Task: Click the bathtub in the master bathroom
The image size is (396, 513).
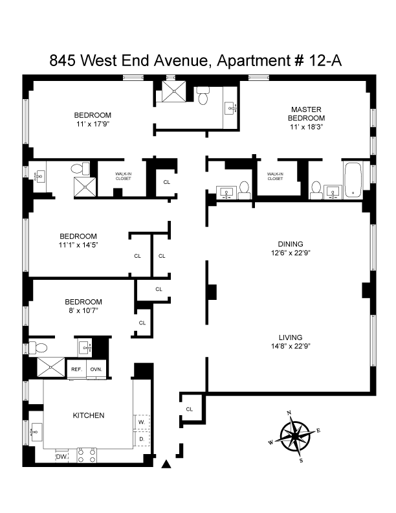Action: click(x=353, y=180)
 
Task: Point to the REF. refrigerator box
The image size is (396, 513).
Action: click(x=76, y=369)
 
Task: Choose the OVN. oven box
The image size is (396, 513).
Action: click(x=96, y=369)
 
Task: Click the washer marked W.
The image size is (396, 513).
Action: click(x=140, y=422)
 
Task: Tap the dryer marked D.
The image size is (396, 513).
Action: click(x=140, y=439)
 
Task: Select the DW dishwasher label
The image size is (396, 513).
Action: click(x=61, y=457)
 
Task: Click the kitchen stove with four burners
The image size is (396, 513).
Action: click(x=87, y=455)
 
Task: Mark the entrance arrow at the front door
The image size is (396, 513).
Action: click(x=167, y=462)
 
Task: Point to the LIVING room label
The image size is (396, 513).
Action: click(x=291, y=337)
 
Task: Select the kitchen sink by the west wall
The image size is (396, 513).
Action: click(x=36, y=429)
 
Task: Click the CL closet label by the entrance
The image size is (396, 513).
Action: click(x=190, y=409)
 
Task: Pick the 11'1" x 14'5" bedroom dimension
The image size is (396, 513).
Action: click(x=78, y=245)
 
